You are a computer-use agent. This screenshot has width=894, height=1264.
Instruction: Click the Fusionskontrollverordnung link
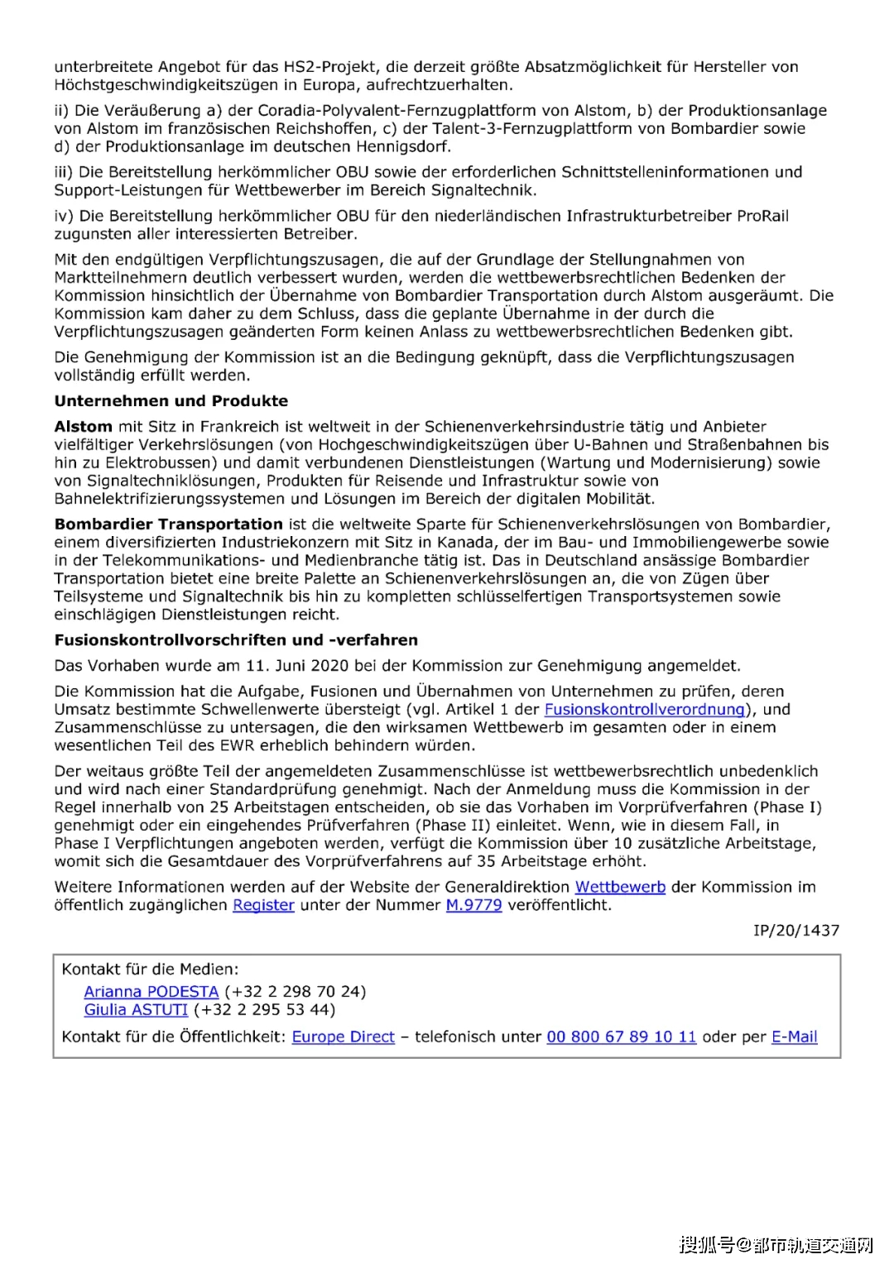pyautogui.click(x=644, y=710)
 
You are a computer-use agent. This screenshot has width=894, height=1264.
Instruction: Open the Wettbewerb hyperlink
pyautogui.click(x=620, y=887)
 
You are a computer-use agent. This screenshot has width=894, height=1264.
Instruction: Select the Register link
pyautogui.click(x=263, y=905)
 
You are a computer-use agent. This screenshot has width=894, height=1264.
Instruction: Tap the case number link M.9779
pyautogui.click(x=473, y=905)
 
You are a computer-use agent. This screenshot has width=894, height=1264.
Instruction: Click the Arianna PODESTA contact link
pyautogui.click(x=151, y=991)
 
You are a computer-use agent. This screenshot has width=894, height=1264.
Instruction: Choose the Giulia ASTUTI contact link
pyautogui.click(x=136, y=1009)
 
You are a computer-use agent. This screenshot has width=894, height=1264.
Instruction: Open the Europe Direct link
pyautogui.click(x=343, y=1037)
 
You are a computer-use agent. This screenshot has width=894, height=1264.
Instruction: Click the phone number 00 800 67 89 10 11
pyautogui.click(x=621, y=1037)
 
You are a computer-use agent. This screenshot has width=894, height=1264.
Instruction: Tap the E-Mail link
pyautogui.click(x=794, y=1037)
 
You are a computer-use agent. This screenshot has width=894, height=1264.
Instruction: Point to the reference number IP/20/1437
pyautogui.click(x=795, y=931)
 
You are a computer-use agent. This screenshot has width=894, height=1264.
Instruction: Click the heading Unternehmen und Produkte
pyautogui.click(x=171, y=401)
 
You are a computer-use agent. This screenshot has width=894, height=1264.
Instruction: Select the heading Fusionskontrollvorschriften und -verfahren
pyautogui.click(x=236, y=640)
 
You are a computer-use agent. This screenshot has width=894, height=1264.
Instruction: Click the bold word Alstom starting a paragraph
pyautogui.click(x=83, y=427)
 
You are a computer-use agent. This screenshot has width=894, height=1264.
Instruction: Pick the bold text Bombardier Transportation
pyautogui.click(x=169, y=524)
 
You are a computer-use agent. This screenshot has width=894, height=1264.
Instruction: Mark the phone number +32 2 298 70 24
pyautogui.click(x=296, y=991)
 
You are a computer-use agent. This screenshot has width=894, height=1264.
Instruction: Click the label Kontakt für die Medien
pyautogui.click(x=150, y=969)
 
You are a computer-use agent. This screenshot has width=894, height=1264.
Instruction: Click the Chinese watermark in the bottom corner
pyautogui.click(x=776, y=1244)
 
